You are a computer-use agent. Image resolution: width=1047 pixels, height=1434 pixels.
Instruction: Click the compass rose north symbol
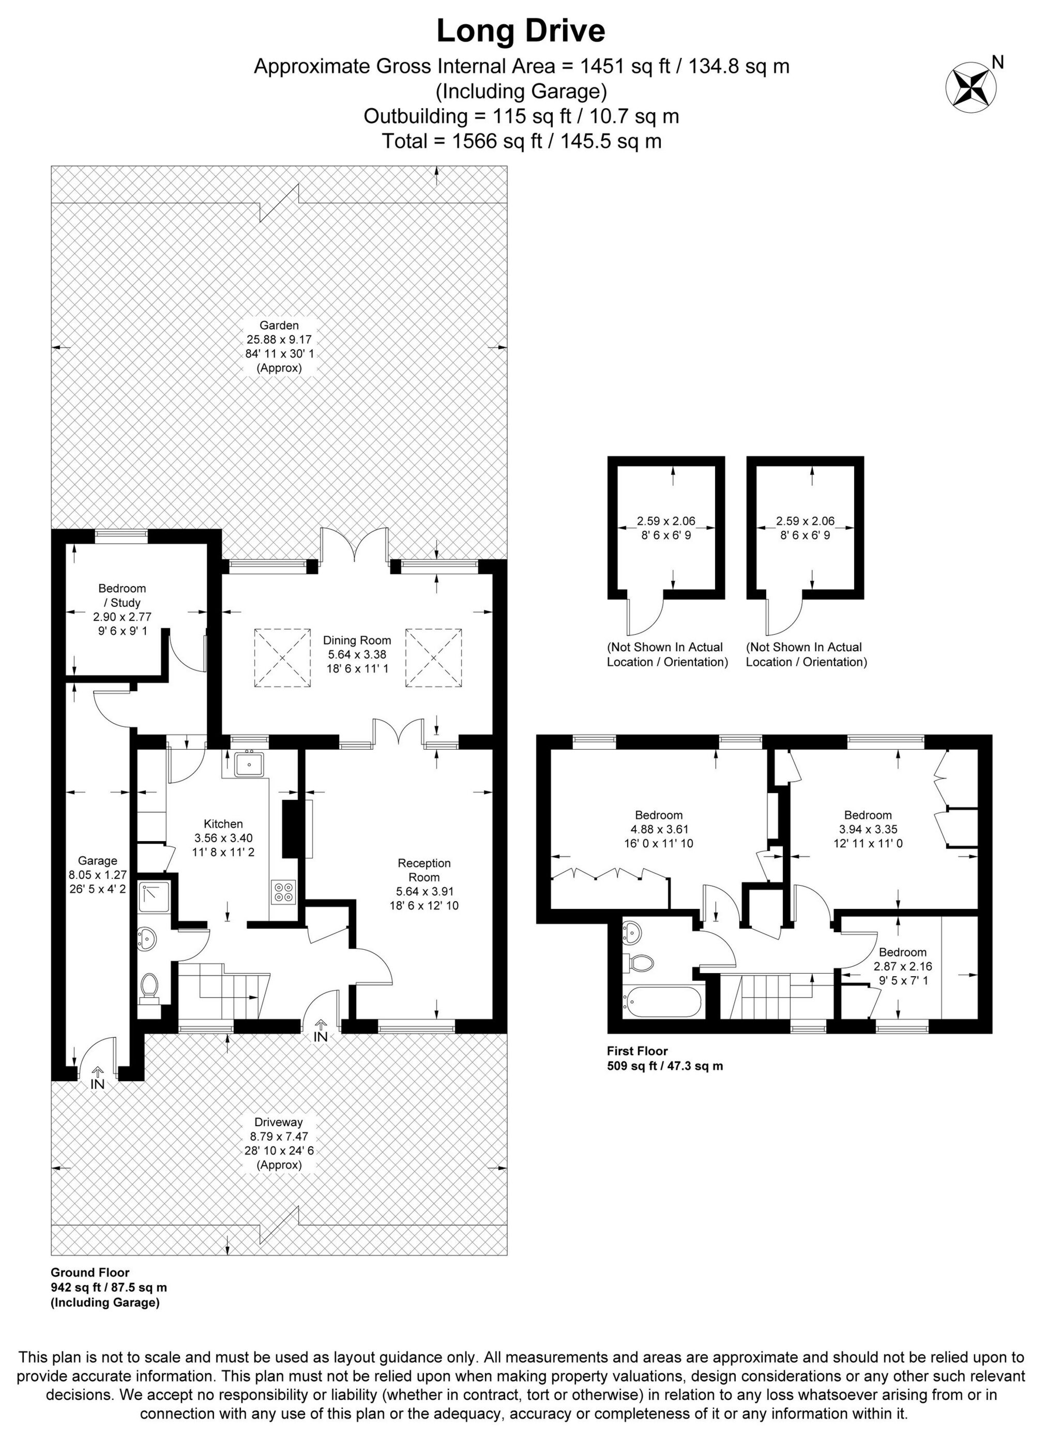point(970,87)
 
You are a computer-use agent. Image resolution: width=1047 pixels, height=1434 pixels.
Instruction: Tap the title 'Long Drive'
point(521,32)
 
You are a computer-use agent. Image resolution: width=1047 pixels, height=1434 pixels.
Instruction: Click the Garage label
point(98,860)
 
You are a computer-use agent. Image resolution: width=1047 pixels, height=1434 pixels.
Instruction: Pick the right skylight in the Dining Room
point(434,658)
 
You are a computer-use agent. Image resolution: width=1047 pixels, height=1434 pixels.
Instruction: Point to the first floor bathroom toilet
point(638,963)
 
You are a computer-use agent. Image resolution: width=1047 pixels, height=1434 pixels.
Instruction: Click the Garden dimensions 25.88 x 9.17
point(280,340)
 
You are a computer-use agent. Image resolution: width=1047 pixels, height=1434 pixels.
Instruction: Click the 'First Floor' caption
point(638,1051)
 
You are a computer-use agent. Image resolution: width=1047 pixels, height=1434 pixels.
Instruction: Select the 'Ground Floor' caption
point(90,1272)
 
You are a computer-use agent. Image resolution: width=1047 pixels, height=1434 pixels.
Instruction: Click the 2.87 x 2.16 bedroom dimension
point(903,967)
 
